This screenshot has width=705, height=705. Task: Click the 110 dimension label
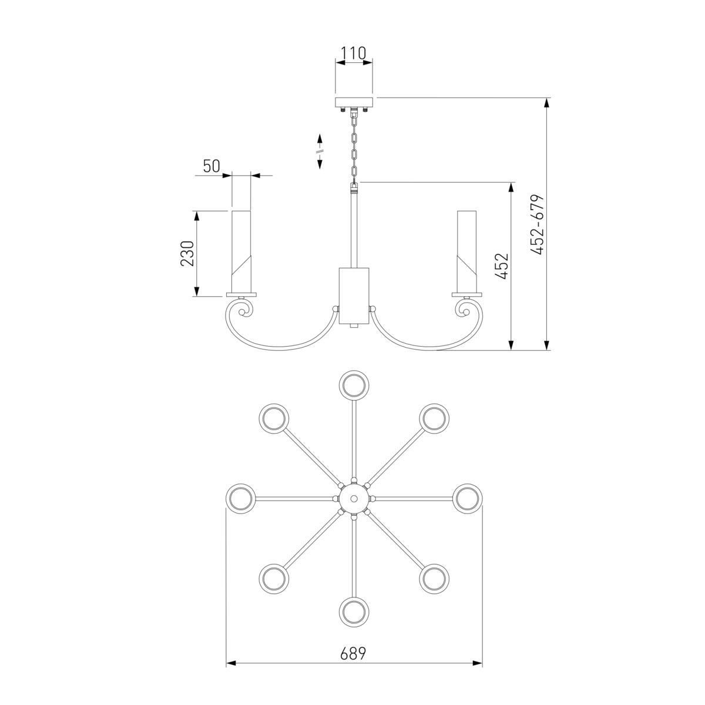(353, 53)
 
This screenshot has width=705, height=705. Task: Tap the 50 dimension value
(211, 166)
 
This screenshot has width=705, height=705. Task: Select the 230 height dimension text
(187, 253)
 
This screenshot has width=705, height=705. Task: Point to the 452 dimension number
(503, 266)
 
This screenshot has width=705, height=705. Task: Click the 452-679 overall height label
(538, 224)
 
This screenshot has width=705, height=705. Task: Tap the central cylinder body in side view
(354, 296)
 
